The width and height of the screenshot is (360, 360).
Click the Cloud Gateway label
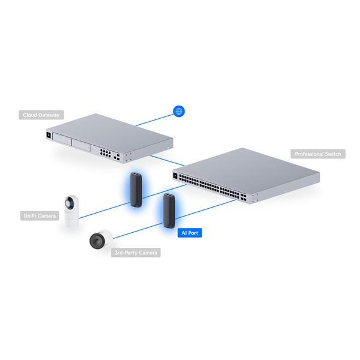(41, 115)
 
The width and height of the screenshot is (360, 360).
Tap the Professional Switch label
(318, 154)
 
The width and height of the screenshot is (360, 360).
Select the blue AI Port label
(190, 233)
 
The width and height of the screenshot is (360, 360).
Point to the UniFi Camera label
(40, 216)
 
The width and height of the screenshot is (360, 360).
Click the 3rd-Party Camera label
(136, 253)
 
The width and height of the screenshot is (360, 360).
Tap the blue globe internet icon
(179, 112)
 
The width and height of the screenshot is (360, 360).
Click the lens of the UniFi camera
(69, 203)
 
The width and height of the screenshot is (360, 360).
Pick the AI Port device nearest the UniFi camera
(136, 190)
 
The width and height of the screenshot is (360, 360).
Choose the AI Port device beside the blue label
(169, 211)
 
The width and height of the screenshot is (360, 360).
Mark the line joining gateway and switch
(167, 161)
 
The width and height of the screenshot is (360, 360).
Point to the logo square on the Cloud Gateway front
(49, 135)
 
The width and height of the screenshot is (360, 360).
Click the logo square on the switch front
(175, 176)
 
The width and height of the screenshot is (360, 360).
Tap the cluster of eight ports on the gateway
(106, 153)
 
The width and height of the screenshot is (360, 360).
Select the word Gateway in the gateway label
(49, 115)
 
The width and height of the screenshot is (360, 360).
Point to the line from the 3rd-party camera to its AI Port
(138, 231)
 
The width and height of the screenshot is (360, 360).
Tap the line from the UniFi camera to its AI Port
(104, 211)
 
